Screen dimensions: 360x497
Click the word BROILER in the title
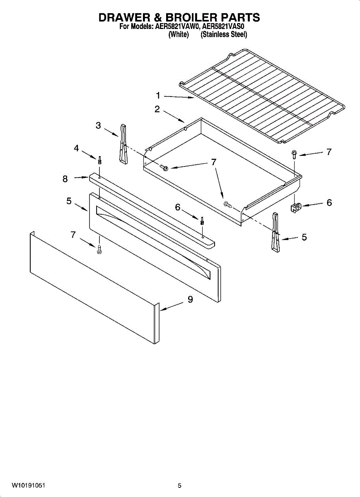(x=190, y=17)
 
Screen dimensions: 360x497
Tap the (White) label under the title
(x=179, y=35)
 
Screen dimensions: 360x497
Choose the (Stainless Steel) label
(x=224, y=35)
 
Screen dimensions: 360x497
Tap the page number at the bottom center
(x=179, y=485)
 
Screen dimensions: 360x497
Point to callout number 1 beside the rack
(x=158, y=96)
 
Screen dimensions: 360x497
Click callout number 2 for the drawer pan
(x=157, y=109)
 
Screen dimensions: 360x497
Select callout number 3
(x=98, y=125)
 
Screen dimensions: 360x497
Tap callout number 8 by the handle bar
(x=65, y=179)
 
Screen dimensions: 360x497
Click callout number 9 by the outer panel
(x=190, y=300)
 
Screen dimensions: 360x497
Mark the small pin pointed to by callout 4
(x=100, y=160)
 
